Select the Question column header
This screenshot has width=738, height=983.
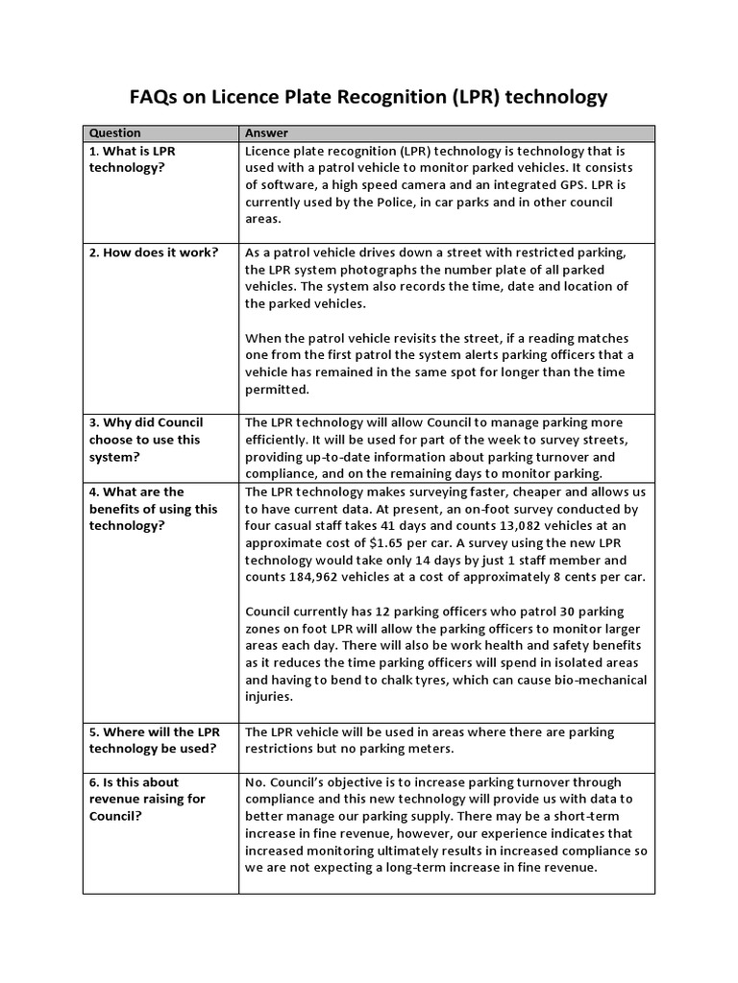tap(114, 133)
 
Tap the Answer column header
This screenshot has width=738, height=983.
tap(267, 133)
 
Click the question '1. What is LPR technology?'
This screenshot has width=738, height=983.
tap(133, 159)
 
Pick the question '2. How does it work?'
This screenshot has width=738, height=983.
tap(154, 252)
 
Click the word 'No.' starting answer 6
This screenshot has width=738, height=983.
tap(257, 782)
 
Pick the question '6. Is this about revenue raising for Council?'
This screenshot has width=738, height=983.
tap(147, 799)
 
